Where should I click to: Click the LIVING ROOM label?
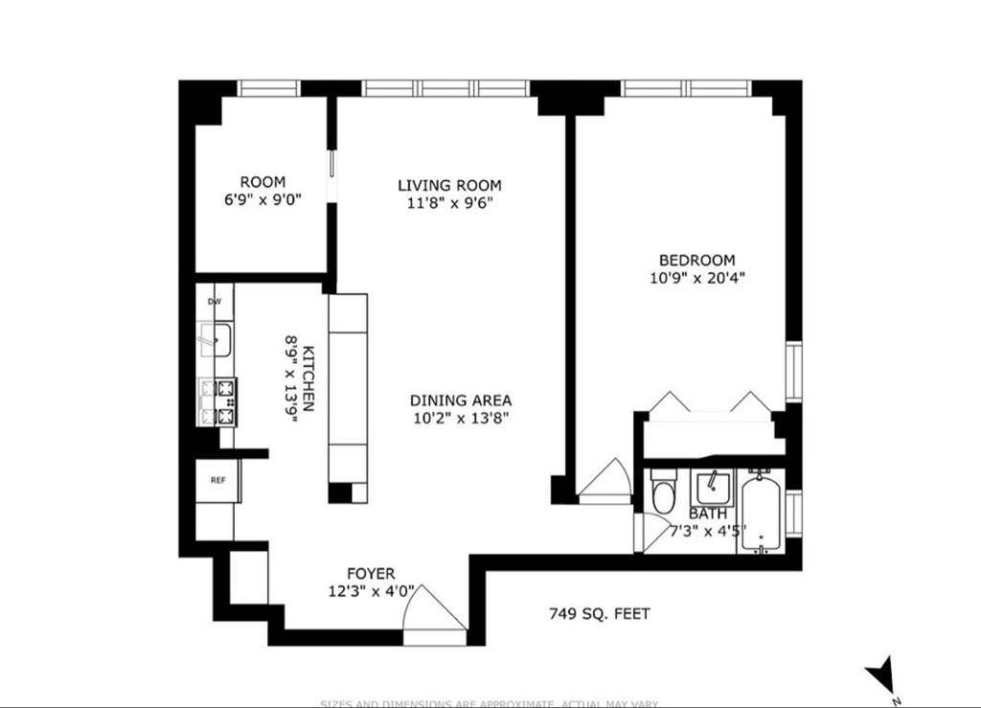click(x=449, y=185)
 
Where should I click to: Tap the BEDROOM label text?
click(x=696, y=260)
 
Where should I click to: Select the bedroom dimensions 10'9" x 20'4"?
click(x=696, y=279)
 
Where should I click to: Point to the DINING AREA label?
click(x=461, y=400)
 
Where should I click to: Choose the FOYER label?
click(x=371, y=574)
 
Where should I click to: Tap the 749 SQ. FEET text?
click(x=600, y=613)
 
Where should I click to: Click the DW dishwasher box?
click(x=215, y=302)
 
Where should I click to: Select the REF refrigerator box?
click(x=218, y=480)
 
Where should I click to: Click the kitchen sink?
click(x=216, y=339)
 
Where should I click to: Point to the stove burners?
click(x=217, y=402)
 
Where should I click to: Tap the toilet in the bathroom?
click(x=663, y=491)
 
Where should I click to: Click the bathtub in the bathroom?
click(x=763, y=513)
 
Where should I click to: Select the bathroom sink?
click(x=713, y=489)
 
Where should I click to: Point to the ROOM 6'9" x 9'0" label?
click(x=262, y=191)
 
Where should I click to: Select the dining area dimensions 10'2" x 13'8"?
click(x=461, y=418)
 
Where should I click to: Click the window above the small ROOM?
click(x=269, y=88)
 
